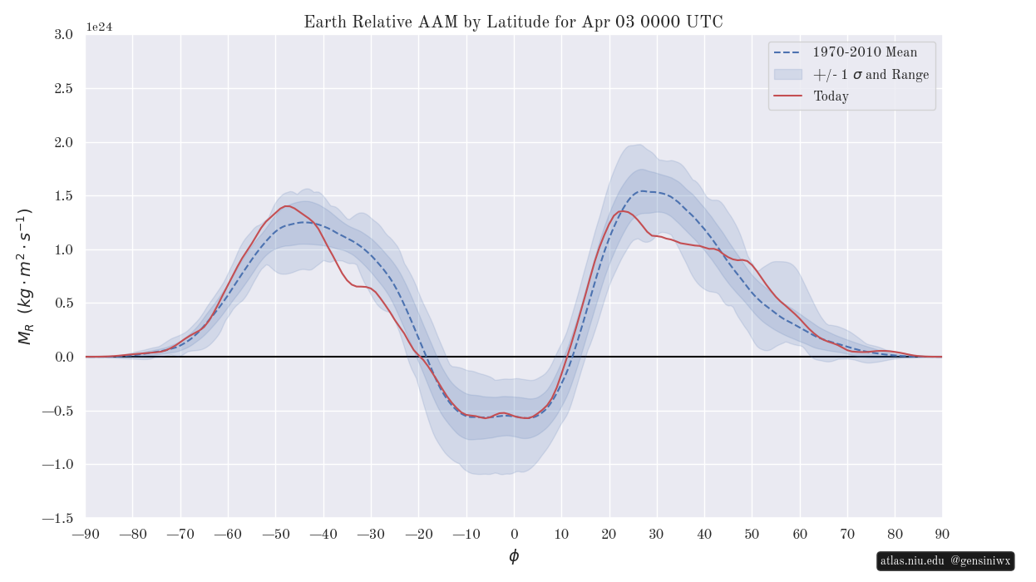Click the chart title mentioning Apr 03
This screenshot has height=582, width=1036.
pos(513,22)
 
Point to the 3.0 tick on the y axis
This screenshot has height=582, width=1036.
pos(62,35)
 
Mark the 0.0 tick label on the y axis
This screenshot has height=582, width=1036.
pos(62,358)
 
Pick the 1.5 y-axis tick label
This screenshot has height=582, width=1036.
pos(62,196)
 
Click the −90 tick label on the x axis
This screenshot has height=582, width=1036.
pos(86,534)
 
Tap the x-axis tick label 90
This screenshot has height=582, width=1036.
pos(942,534)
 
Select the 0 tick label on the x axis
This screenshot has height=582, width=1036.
pos(514,534)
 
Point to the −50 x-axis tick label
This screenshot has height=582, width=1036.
pos(276,534)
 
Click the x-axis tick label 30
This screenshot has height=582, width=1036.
pos(657,534)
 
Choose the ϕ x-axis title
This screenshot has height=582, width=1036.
pos(514,556)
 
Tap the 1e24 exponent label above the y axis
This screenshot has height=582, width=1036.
pos(99,27)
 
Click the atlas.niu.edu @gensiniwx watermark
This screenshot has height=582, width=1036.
pos(945,561)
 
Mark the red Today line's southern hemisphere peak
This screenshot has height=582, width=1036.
pos(288,206)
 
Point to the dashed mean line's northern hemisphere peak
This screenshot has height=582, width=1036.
pos(643,191)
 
